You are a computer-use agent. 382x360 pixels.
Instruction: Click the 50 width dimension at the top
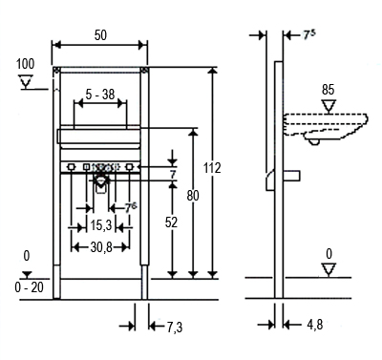tap(100, 35)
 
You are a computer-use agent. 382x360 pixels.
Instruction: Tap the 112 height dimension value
tap(212, 168)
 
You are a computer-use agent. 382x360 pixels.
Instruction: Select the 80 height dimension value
tap(193, 196)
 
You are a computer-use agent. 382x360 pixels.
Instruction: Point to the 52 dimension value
tap(171, 222)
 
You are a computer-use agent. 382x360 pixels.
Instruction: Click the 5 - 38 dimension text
tap(100, 95)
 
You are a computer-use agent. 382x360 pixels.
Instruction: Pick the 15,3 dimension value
tap(101, 225)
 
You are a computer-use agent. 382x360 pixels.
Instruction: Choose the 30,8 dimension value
tap(101, 247)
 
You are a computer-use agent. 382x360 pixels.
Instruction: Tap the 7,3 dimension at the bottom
tap(175, 327)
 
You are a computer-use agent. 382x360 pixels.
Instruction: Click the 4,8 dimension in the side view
tap(315, 325)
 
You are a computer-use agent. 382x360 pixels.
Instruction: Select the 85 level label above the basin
tap(328, 90)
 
